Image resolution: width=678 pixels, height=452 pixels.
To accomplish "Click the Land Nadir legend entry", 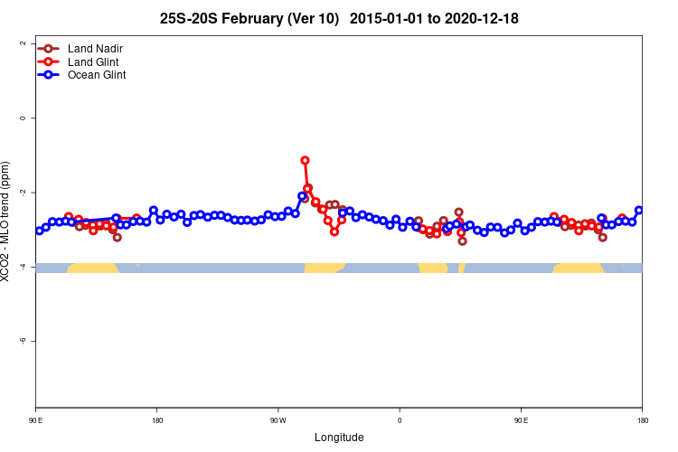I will (94, 48).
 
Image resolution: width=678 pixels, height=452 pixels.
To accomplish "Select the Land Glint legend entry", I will (93, 61).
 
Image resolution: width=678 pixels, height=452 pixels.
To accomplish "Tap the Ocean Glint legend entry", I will (96, 75).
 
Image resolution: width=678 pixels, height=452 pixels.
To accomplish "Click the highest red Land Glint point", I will (305, 160).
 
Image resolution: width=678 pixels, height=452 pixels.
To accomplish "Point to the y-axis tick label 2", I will (23, 43).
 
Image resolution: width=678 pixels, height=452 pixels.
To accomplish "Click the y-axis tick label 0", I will (23, 118).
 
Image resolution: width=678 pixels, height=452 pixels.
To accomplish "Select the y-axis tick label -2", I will (23, 193).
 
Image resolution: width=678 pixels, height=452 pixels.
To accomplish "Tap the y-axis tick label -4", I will (23, 267).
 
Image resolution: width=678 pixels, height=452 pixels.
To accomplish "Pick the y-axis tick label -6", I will (23, 341).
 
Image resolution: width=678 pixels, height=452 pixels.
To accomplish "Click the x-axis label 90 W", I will (278, 420).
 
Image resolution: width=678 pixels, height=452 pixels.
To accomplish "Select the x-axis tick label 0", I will (400, 420).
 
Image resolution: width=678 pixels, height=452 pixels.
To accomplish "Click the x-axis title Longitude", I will (339, 438).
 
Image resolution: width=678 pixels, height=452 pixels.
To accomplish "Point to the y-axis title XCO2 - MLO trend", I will (7, 222).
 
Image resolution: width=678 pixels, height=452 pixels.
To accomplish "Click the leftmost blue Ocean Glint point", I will (39, 231).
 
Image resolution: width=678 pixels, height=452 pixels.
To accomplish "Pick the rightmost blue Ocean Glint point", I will (639, 211).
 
